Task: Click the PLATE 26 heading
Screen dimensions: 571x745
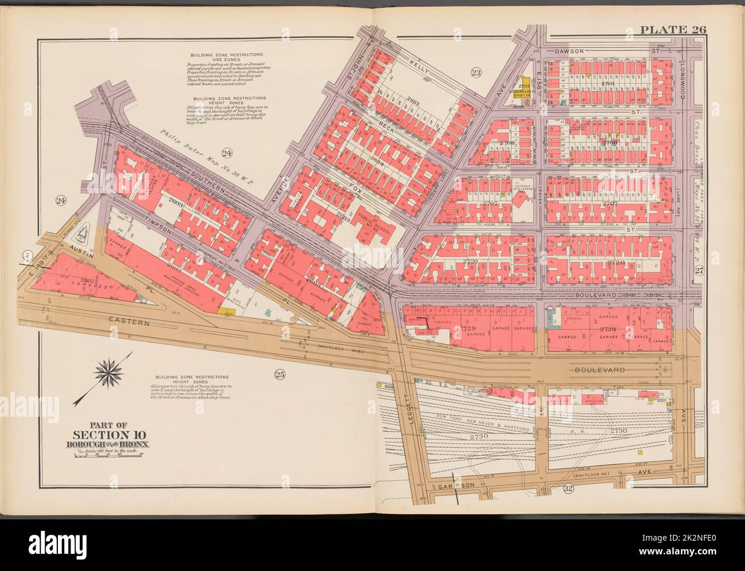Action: coord(673,30)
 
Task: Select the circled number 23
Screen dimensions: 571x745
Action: coord(476,72)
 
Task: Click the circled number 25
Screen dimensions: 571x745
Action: coord(280,376)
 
